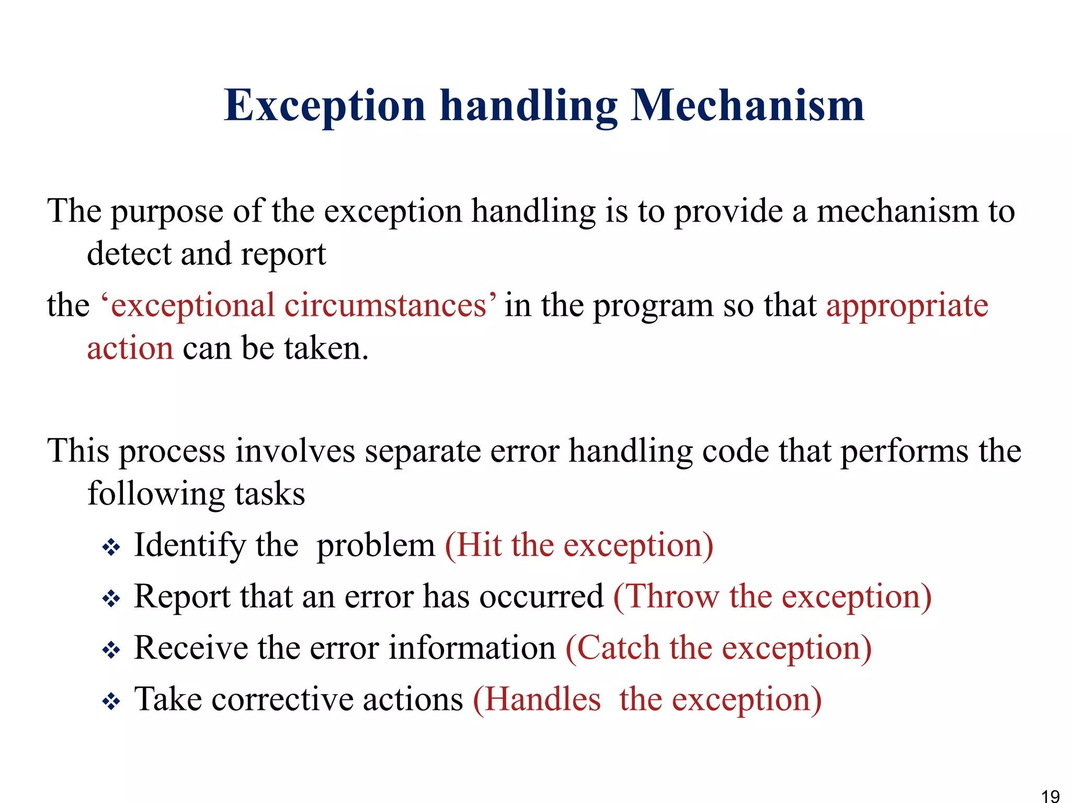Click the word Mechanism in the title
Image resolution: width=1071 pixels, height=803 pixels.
click(747, 106)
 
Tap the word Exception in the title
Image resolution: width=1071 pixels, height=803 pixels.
click(324, 106)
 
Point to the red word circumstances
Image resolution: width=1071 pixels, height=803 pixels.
click(385, 306)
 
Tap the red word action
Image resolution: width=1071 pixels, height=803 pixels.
click(130, 349)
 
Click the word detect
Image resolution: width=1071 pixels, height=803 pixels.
click(129, 254)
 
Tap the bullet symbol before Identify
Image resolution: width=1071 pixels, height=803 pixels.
click(111, 548)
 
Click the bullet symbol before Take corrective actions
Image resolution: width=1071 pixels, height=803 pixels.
click(111, 702)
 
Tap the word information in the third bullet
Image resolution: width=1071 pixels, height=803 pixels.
click(472, 648)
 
